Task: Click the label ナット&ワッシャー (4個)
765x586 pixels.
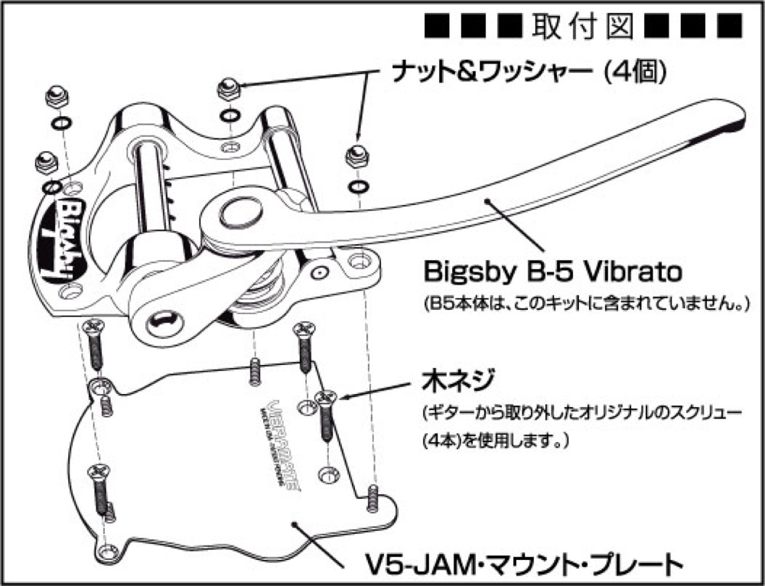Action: [528, 73]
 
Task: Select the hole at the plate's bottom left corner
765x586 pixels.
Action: [104, 548]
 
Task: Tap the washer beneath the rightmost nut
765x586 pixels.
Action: [357, 186]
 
